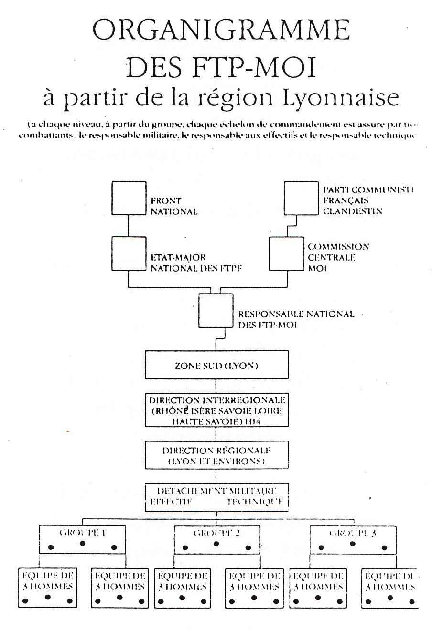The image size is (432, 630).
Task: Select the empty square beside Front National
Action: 129,199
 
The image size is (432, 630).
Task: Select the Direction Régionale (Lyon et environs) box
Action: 217,456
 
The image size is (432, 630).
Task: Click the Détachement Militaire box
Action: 217,497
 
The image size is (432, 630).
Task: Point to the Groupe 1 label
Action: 82,533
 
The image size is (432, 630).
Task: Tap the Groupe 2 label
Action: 216,533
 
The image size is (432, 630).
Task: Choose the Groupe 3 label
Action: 352,533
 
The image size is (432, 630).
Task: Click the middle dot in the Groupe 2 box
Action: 216,544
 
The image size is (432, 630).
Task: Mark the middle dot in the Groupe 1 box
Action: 82,544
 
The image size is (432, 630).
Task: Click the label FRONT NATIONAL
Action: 174,207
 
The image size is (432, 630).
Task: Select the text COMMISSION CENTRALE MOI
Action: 338,258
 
